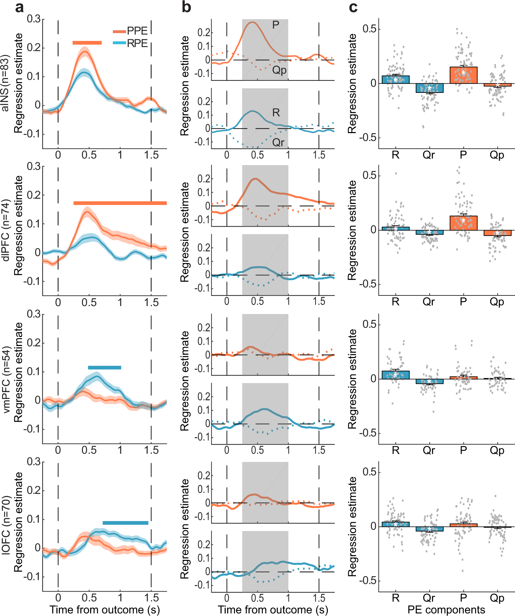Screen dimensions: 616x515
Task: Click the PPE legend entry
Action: pyautogui.click(x=131, y=31)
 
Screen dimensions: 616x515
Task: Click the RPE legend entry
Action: pyautogui.click(x=131, y=43)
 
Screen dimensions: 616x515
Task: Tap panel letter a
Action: pyautogui.click(x=20, y=7)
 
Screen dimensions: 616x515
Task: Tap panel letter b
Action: pyautogui.click(x=186, y=7)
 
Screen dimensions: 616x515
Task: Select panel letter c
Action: pyautogui.click(x=353, y=7)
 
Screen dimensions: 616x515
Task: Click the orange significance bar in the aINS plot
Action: pyautogui.click(x=87, y=43)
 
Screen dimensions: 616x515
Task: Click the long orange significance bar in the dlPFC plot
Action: pyautogui.click(x=120, y=203)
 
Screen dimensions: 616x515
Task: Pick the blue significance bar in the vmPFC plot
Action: pyautogui.click(x=105, y=368)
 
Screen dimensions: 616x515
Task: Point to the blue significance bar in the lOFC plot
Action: pyautogui.click(x=125, y=523)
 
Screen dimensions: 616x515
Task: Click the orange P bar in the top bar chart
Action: pyautogui.click(x=463, y=75)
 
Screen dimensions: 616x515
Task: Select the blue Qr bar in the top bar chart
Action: pyautogui.click(x=429, y=88)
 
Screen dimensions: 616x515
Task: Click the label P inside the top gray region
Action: pyautogui.click(x=276, y=25)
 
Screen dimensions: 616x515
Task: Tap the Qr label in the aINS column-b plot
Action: pyautogui.click(x=278, y=142)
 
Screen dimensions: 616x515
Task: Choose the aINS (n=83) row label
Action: pyautogui.click(x=5, y=83)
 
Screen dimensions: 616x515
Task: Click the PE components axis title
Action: pyautogui.click(x=446, y=610)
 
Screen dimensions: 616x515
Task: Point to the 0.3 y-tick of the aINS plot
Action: pyautogui.click(x=34, y=19)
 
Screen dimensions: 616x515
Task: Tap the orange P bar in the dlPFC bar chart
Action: pyautogui.click(x=463, y=223)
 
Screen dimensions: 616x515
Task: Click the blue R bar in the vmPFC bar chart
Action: pyautogui.click(x=395, y=375)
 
